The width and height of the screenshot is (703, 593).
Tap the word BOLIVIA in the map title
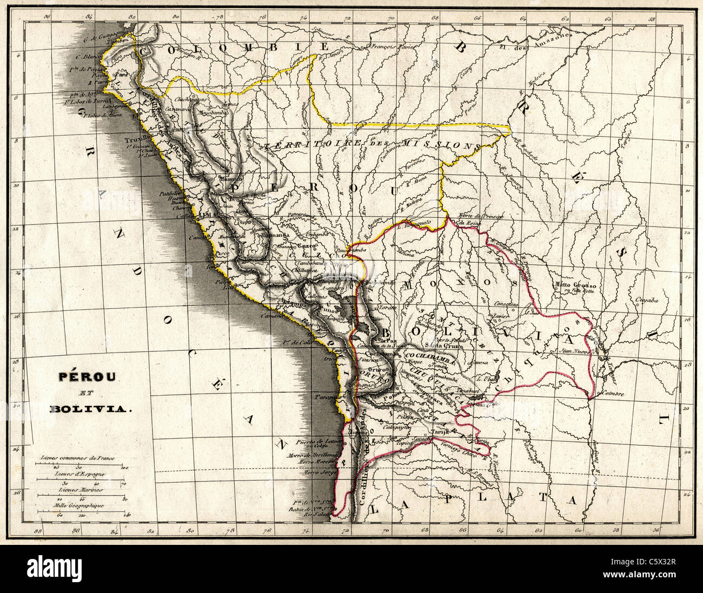91,409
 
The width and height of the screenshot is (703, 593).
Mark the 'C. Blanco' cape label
88,56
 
